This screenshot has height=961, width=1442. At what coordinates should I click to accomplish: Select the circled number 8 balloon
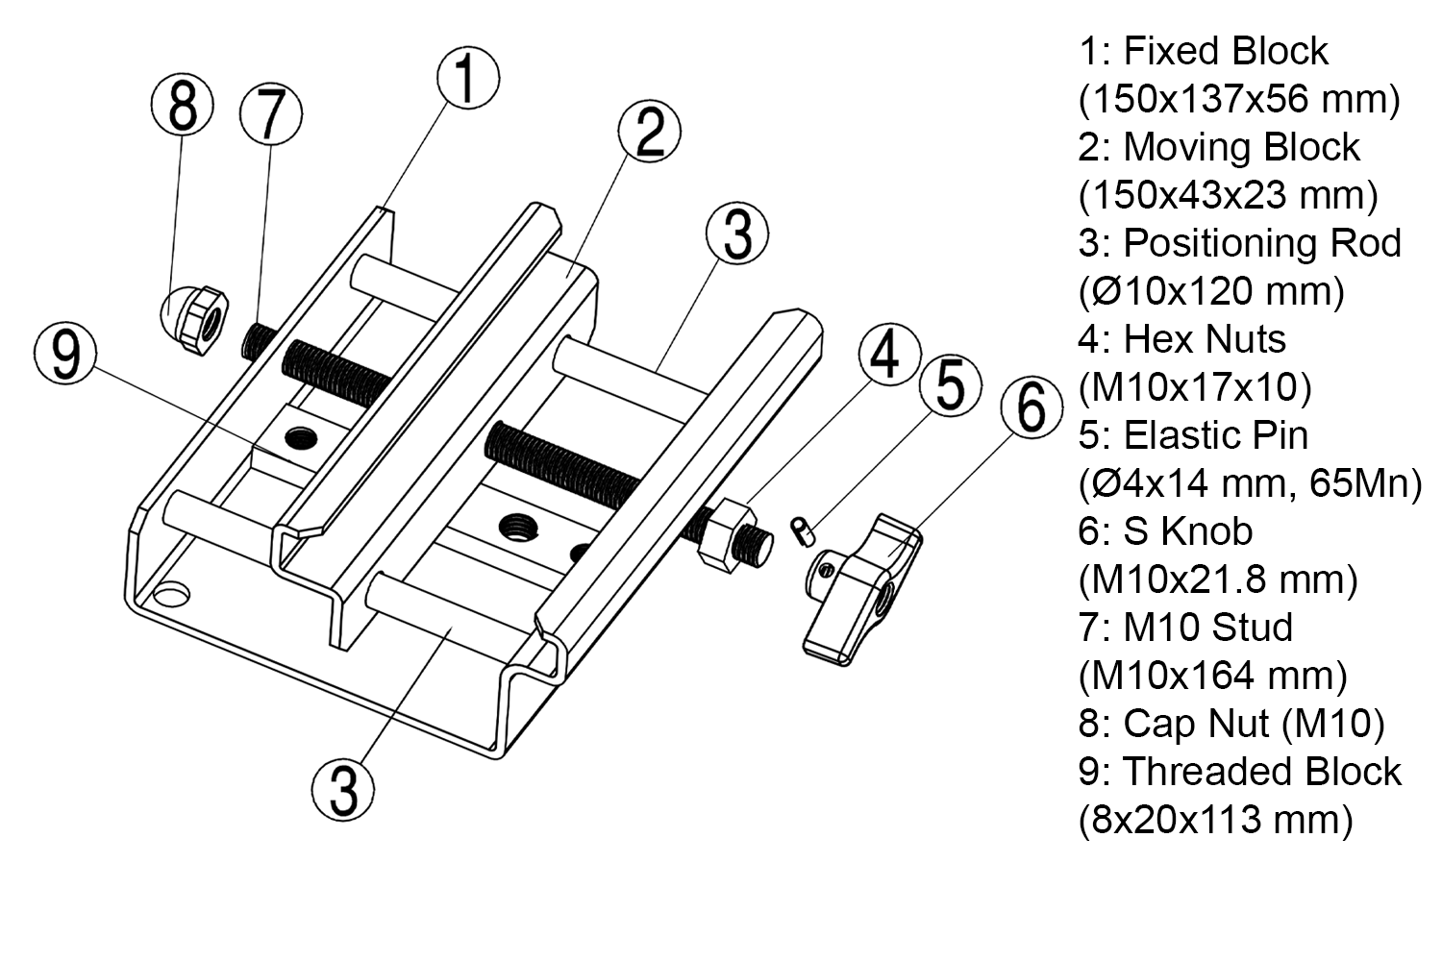183,105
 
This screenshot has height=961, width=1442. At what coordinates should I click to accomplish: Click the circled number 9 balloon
65,355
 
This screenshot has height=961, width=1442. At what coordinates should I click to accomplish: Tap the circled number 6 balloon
1032,407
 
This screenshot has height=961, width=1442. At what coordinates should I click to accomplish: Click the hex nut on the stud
720,534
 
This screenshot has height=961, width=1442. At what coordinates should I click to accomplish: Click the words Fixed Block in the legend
1226,51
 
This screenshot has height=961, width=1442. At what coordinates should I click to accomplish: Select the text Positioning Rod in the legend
1261,243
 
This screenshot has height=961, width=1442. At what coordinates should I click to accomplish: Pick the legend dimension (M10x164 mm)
1212,676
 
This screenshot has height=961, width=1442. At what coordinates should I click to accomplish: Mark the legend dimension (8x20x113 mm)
1215,820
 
